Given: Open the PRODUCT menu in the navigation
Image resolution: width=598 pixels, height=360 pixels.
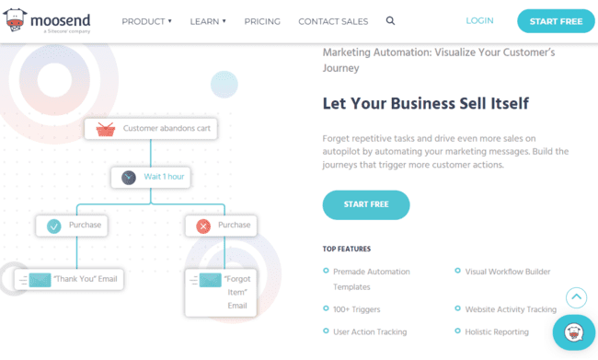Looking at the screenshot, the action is [x=147, y=21].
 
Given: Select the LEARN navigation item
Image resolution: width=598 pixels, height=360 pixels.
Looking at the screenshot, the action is [x=208, y=21].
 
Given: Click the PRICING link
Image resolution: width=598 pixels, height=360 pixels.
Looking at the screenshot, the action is [x=262, y=21].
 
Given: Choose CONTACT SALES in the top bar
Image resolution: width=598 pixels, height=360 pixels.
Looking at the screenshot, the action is [x=333, y=21].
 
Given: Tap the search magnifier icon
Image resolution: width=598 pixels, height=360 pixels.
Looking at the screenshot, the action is [x=391, y=20].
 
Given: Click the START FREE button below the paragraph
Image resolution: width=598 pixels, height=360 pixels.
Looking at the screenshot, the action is [x=365, y=203].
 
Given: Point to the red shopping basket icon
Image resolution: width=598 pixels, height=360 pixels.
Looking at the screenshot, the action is [x=105, y=129].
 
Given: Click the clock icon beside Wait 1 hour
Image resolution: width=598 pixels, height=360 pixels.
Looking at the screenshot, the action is [x=129, y=177].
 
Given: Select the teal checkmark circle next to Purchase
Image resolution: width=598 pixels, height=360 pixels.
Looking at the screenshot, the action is [x=54, y=226].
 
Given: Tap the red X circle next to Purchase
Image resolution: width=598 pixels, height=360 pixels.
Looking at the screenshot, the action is [x=203, y=226].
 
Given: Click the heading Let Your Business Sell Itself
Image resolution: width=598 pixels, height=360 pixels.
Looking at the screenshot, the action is [x=425, y=103].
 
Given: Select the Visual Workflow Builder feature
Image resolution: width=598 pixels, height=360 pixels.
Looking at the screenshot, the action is [x=507, y=272].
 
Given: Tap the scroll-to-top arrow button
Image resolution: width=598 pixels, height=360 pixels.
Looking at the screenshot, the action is [x=576, y=297].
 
